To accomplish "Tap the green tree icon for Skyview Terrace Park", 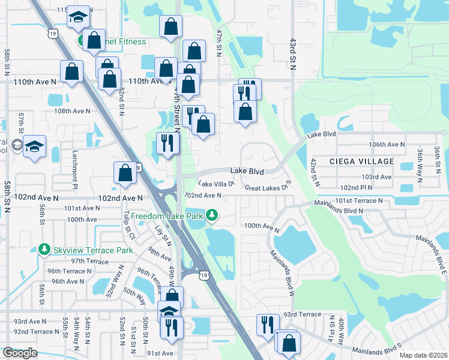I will coord(43,249).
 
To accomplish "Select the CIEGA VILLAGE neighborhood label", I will coord(362,161).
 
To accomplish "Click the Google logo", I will coord(20,353).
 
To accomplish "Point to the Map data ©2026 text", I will coord(424,355).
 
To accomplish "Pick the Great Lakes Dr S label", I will coord(268,187).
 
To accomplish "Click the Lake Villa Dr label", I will coord(215,184).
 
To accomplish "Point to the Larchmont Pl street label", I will coord(76,172).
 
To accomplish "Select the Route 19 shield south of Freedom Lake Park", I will coord(205,275).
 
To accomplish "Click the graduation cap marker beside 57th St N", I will coord(35,146).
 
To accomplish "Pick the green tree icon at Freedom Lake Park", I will coord(211,215).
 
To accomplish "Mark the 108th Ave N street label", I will coord(71,111).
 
